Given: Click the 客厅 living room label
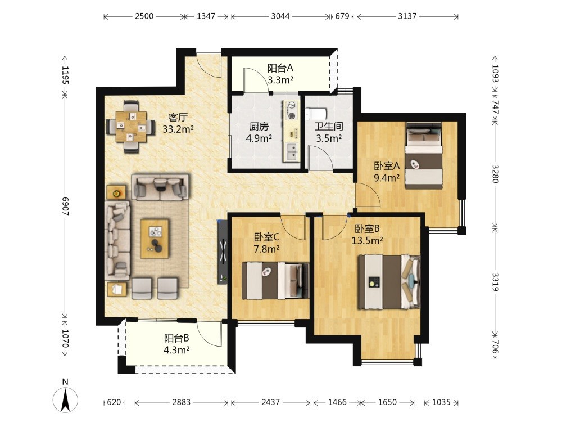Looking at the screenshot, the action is point(178,118).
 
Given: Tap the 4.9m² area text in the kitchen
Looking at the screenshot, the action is point(259,138).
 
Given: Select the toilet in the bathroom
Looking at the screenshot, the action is point(315,114).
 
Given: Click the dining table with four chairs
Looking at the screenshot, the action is point(131,127).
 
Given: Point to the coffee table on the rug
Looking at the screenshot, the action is point(155,239).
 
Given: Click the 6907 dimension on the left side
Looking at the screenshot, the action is point(65,206).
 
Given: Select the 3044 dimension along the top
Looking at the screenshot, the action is point(280,16).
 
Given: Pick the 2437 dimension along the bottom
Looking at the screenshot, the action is point(271,402).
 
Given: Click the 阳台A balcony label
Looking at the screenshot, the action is point(280,68).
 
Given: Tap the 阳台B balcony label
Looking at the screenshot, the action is point(176,338).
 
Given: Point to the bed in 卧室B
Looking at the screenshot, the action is point(389,282).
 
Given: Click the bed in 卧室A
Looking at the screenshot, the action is point(424,155).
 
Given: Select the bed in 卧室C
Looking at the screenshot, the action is point(275,281).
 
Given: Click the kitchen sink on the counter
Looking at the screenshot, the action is point(292,151).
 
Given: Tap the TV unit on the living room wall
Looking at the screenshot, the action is point(222,252).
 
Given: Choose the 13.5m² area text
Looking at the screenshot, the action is point(367,240).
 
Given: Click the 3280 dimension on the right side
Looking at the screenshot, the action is point(495,174).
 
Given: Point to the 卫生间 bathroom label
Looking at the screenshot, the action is point(329,126).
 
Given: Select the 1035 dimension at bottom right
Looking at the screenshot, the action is point(441,402).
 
